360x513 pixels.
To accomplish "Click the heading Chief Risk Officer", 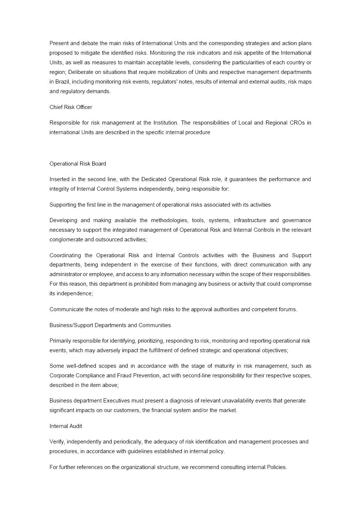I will click(71, 107).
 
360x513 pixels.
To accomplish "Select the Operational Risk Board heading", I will click(78, 164).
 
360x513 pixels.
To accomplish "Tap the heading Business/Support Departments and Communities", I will click(110, 325).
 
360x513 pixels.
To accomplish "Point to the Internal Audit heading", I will click(66, 426).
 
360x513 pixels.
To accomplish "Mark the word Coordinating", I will click(65, 255).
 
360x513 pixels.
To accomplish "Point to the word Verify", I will click(57, 442).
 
